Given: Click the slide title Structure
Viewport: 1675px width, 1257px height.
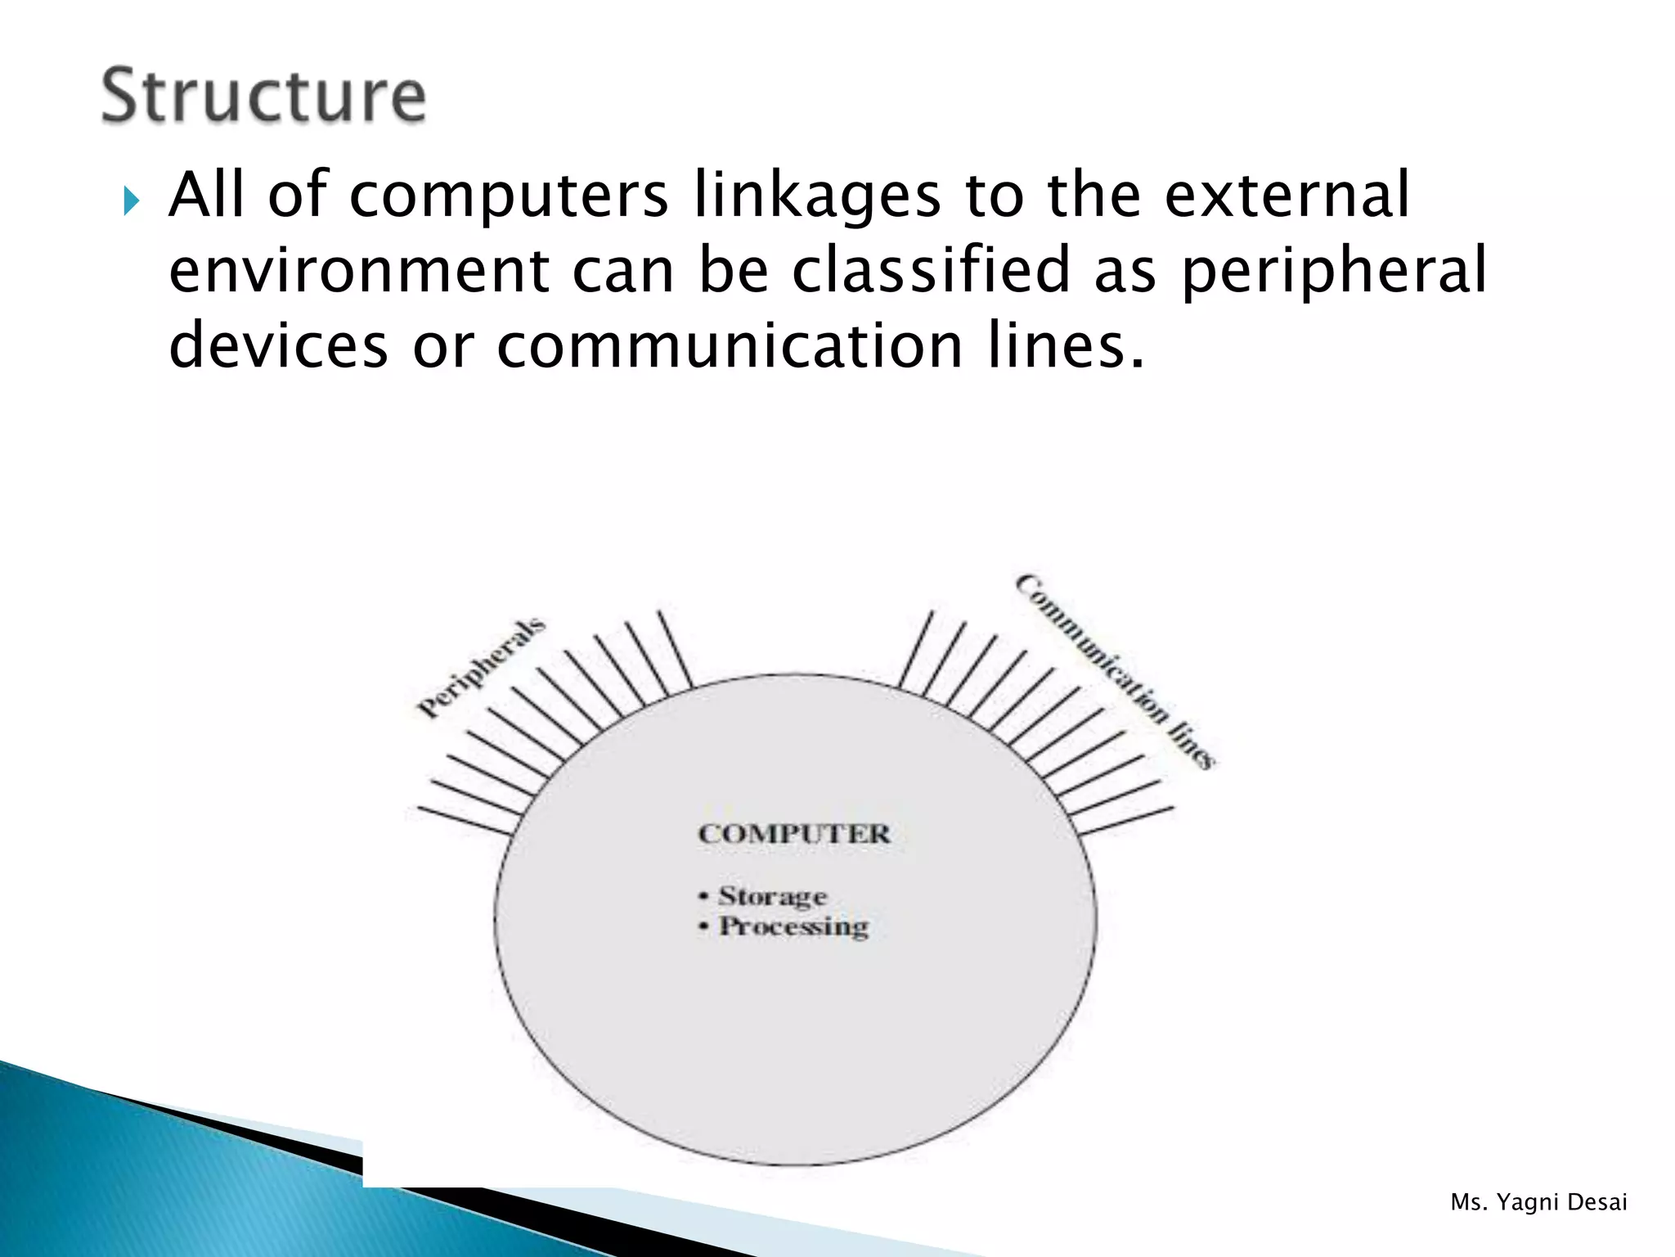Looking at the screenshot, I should pos(263,96).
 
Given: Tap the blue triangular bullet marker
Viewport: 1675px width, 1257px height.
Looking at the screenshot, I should pos(131,200).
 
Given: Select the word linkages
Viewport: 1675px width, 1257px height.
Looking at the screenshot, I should pos(817,196).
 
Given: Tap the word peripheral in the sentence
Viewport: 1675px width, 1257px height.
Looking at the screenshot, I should pos(1334,272).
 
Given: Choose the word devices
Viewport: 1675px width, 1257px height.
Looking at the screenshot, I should pos(278,345).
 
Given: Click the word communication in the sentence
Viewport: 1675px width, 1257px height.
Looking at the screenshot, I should pos(730,345).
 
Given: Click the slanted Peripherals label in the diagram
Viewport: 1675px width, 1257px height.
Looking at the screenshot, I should pos(481,668).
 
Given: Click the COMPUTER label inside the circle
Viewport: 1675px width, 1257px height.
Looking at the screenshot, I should pos(793,834).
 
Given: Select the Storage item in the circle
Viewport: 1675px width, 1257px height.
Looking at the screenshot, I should pos(772,897).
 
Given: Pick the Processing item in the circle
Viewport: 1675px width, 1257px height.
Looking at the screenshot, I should pos(793,927).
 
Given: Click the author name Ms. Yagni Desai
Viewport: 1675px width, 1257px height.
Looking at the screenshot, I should pos(1538,1202).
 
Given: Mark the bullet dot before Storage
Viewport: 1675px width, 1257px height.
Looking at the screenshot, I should pos(703,897).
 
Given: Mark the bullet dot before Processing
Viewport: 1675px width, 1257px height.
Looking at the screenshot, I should pos(703,927).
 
